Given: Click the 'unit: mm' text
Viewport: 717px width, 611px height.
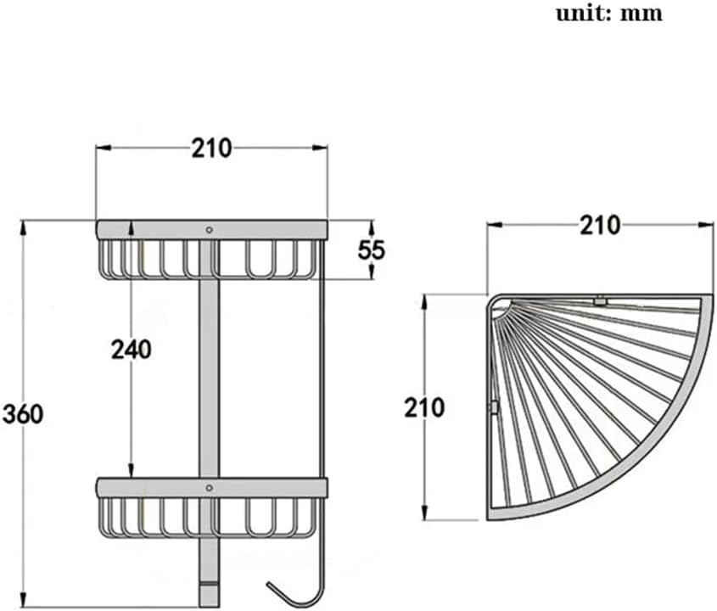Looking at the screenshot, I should click(608, 14).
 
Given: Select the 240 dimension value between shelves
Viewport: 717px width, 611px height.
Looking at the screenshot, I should click(132, 349).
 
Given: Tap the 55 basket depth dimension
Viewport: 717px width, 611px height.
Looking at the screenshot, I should click(372, 249).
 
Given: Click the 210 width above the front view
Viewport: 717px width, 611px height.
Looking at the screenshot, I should click(210, 149).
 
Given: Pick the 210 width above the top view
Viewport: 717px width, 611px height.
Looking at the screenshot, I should click(600, 225).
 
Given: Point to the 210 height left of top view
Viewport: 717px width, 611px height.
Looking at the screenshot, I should click(424, 408).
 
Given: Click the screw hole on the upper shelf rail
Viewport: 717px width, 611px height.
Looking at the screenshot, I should click(210, 229).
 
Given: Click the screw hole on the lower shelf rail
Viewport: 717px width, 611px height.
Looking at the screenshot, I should click(210, 488).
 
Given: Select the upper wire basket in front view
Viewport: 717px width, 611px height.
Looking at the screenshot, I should click(210, 259).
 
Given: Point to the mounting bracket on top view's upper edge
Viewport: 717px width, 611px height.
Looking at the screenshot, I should click(600, 300).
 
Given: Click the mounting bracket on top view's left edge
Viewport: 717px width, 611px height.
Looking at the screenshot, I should click(492, 407).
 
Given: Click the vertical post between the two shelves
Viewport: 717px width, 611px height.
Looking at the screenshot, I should click(209, 373).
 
